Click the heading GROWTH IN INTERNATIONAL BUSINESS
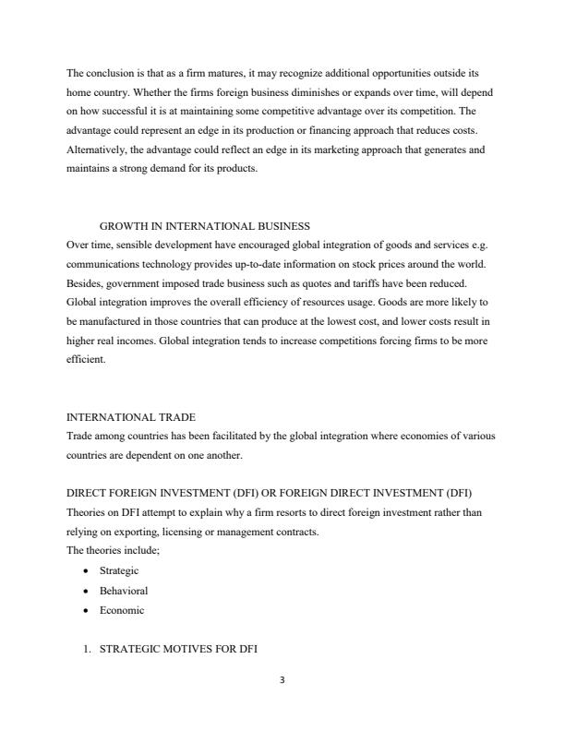tap(204, 226)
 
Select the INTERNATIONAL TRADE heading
tap(131, 417)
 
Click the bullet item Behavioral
tap(123, 591)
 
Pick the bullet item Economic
tap(122, 610)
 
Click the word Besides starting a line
tap(86, 283)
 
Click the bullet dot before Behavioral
tap(86, 591)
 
